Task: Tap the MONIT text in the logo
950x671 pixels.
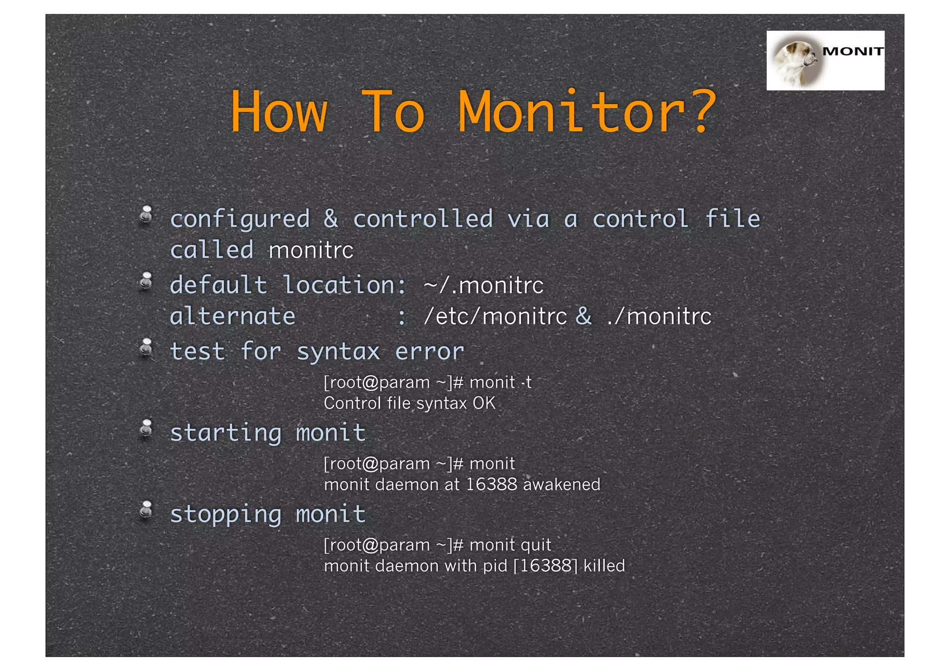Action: (x=853, y=51)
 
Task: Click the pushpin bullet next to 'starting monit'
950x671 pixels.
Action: (x=147, y=429)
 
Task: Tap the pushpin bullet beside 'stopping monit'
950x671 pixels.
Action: (x=147, y=511)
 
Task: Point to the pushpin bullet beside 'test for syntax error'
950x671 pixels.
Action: (x=147, y=348)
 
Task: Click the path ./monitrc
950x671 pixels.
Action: (x=659, y=317)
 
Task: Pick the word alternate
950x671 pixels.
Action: (x=232, y=317)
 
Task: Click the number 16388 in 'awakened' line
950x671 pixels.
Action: (x=491, y=485)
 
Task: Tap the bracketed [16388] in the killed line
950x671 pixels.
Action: (x=546, y=566)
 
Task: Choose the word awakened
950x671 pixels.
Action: (x=561, y=485)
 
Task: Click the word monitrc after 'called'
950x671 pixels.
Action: (x=311, y=251)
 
